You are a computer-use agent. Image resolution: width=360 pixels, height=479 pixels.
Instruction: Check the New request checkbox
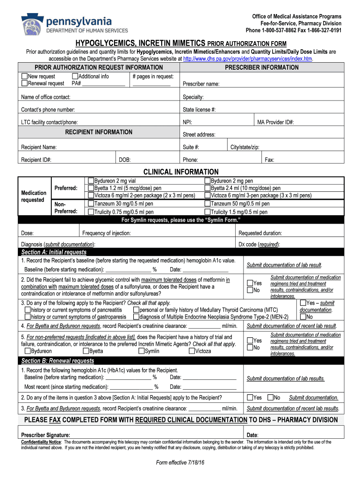[x=24, y=76]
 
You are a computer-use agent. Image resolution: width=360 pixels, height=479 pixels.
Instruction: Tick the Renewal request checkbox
[x=24, y=83]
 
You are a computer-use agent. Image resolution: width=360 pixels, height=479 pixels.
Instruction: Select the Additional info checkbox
[x=75, y=76]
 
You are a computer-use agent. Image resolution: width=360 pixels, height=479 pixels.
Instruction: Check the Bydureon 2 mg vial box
[x=91, y=181]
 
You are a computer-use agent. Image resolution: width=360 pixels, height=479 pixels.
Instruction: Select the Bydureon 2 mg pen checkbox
[x=208, y=181]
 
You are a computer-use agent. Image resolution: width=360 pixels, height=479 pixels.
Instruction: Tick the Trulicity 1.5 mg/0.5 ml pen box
[x=208, y=212]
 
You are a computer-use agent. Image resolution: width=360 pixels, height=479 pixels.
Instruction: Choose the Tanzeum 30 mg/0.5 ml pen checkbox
[x=91, y=204]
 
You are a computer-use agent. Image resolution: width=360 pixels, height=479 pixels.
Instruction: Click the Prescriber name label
[x=201, y=84]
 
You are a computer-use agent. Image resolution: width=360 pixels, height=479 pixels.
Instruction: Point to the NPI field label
[x=187, y=122]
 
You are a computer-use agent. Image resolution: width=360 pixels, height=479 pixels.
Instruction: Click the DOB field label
[x=124, y=160]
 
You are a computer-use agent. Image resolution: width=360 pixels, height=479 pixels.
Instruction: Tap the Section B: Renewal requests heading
[x=58, y=361]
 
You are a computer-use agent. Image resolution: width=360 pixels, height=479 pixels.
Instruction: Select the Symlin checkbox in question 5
[x=141, y=351]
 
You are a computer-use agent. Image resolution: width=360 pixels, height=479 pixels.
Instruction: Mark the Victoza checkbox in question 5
[x=192, y=351]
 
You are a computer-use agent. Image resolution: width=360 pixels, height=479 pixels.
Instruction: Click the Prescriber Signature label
[x=46, y=435]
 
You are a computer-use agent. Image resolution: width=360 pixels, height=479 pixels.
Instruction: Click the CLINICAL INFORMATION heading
[x=180, y=172]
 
